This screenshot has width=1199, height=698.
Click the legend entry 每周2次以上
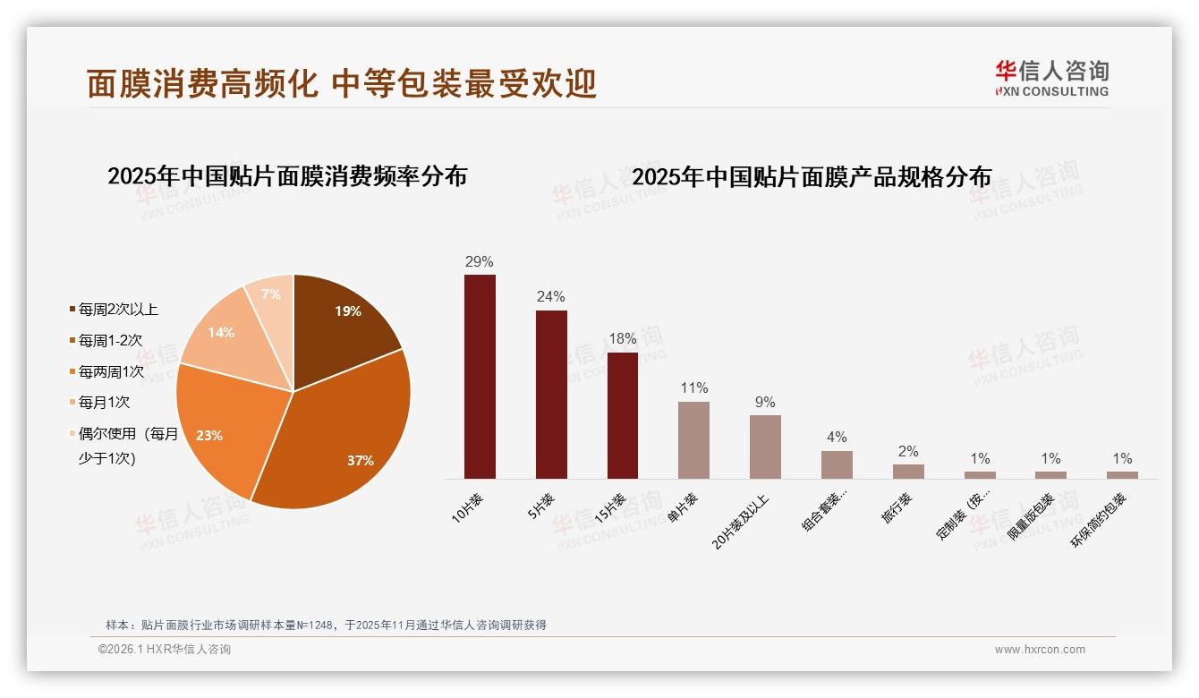pyautogui.click(x=118, y=310)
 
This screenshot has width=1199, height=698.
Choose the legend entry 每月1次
pyautogui.click(x=104, y=403)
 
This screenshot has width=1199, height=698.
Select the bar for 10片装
pyautogui.click(x=480, y=377)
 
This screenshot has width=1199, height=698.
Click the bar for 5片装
pyautogui.click(x=551, y=395)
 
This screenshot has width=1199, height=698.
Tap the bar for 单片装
pyautogui.click(x=693, y=440)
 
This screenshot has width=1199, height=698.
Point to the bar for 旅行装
pyautogui.click(x=908, y=472)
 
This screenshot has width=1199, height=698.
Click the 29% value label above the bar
pyautogui.click(x=480, y=262)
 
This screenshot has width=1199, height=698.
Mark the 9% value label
pyautogui.click(x=765, y=403)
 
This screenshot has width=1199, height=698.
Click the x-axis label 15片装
pyautogui.click(x=611, y=508)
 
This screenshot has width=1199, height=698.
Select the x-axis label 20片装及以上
pyautogui.click(x=742, y=519)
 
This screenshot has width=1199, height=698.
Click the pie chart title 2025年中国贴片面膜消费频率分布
pyautogui.click(x=287, y=176)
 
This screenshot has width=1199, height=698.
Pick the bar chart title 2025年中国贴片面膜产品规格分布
pyautogui.click(x=812, y=177)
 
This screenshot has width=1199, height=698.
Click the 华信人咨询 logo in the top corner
pyautogui.click(x=1051, y=78)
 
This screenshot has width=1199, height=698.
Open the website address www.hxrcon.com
pyautogui.click(x=1040, y=650)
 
